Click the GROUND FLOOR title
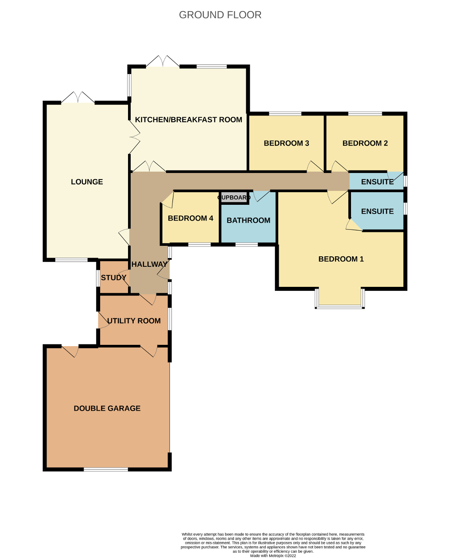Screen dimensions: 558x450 pyautogui.click(x=220, y=15)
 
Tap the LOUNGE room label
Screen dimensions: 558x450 pyautogui.click(x=87, y=182)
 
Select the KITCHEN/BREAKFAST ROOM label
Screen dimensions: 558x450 pyautogui.click(x=189, y=119)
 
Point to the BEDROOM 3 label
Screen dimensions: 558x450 pyautogui.click(x=287, y=143)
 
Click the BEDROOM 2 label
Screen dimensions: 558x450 pyautogui.click(x=365, y=143)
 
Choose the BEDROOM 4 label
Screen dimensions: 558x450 pyautogui.click(x=190, y=218)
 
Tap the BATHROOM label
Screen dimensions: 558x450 pyautogui.click(x=248, y=220)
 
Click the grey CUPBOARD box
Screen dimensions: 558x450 pyautogui.click(x=234, y=197)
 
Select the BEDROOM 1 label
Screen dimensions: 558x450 pyautogui.click(x=341, y=259)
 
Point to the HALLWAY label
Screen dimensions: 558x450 pyautogui.click(x=149, y=264)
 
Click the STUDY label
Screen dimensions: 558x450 pyautogui.click(x=114, y=277)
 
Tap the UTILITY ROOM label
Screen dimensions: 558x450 pyautogui.click(x=134, y=320)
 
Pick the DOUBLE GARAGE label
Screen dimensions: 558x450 pyautogui.click(x=107, y=408)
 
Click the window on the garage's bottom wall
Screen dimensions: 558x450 pyautogui.click(x=106, y=470)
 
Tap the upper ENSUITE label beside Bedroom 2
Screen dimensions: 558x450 pyautogui.click(x=377, y=181)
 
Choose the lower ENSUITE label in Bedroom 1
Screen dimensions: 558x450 pyautogui.click(x=377, y=211)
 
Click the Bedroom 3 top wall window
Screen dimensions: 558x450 pyautogui.click(x=285, y=114)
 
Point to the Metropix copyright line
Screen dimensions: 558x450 pyautogui.click(x=273, y=555)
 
